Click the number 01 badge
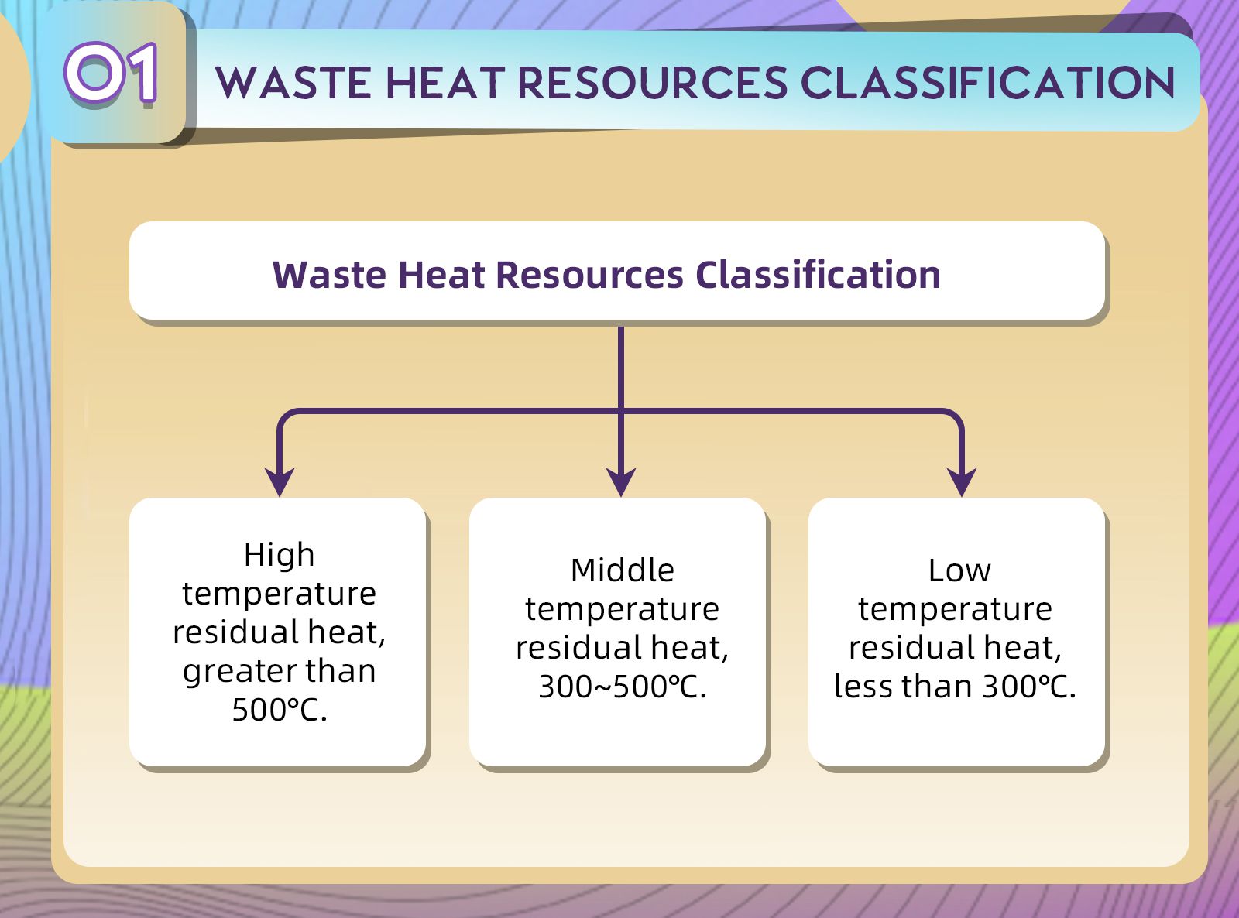[x=112, y=74]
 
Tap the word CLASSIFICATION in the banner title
[x=987, y=83]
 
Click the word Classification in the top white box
[x=818, y=275]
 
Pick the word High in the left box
[x=280, y=555]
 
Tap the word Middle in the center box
[x=622, y=570]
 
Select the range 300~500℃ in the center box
[x=621, y=687]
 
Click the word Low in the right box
[x=959, y=570]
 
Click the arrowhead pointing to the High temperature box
[x=280, y=482]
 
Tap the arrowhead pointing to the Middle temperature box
[x=621, y=482]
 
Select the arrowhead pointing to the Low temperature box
[x=962, y=482]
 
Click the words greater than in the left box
[x=280, y=671]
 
